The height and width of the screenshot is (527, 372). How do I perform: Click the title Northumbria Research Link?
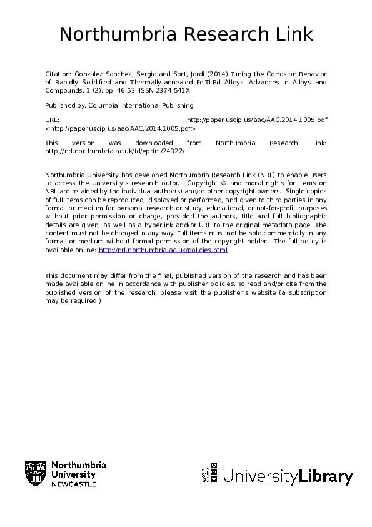[186, 34]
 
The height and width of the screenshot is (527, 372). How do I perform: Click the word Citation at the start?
[57, 73]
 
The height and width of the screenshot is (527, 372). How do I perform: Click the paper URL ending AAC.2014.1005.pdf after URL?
[257, 119]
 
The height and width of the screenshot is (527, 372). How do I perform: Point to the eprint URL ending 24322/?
[115, 151]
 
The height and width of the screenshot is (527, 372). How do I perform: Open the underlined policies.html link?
[163, 250]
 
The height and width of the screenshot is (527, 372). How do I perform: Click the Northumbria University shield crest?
[36, 474]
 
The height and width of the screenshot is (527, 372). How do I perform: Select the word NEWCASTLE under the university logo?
[73, 484]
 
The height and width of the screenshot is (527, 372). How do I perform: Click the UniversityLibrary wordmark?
[288, 477]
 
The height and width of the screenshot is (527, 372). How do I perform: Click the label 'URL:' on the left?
[53, 119]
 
